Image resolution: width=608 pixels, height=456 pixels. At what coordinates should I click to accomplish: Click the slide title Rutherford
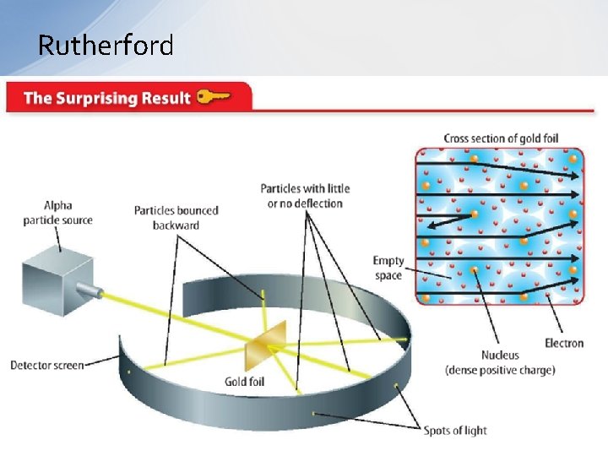click(x=106, y=45)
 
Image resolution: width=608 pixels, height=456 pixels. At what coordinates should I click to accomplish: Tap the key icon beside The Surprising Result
click(x=214, y=97)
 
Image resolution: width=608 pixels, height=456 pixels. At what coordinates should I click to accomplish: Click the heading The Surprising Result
click(x=107, y=98)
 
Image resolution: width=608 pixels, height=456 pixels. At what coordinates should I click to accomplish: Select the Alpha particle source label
click(x=58, y=213)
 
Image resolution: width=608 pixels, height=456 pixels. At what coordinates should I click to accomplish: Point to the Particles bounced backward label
click(x=176, y=218)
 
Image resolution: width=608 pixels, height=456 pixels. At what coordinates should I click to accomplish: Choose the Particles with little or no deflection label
click(x=305, y=196)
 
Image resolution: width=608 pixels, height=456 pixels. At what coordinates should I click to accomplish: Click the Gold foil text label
click(x=244, y=382)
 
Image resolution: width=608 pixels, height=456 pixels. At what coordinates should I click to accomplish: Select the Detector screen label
click(x=47, y=365)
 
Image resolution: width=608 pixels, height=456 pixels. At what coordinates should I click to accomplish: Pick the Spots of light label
click(x=455, y=430)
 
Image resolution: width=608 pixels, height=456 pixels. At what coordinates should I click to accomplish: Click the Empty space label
click(x=388, y=268)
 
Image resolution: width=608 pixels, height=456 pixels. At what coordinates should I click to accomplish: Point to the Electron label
click(x=564, y=343)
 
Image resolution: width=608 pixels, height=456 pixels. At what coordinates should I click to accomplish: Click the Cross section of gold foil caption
click(x=501, y=138)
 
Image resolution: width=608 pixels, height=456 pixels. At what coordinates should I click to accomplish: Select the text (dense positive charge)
click(x=500, y=370)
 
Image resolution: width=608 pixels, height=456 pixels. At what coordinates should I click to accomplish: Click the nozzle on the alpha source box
click(x=88, y=292)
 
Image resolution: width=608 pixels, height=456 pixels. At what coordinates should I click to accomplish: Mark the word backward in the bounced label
click(x=176, y=225)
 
